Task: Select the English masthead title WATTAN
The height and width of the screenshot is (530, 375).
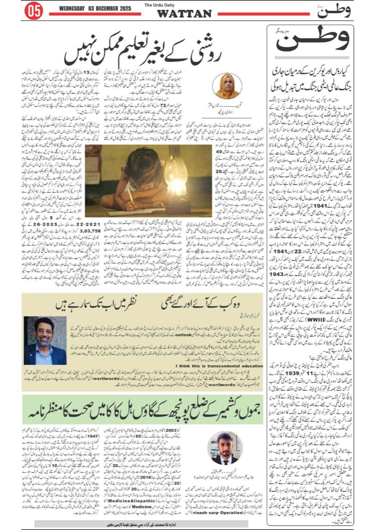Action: [184, 14]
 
